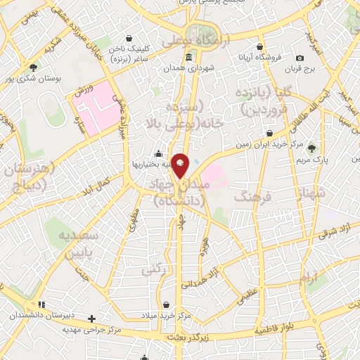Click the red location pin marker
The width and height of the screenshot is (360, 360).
point(181,165)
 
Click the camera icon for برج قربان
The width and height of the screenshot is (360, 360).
point(300,58)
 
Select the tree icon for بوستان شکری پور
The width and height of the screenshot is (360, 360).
point(34,67)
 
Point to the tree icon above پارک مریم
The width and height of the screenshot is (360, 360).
point(312,148)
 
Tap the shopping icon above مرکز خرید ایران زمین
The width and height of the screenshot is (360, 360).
point(269,132)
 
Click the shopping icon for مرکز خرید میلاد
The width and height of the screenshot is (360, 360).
point(166,304)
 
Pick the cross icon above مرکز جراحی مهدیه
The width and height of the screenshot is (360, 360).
point(91,319)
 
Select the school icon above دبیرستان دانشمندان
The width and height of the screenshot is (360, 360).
point(41,304)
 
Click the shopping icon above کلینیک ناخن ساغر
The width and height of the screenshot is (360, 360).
point(128,39)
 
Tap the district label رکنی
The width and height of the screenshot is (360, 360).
point(153,269)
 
